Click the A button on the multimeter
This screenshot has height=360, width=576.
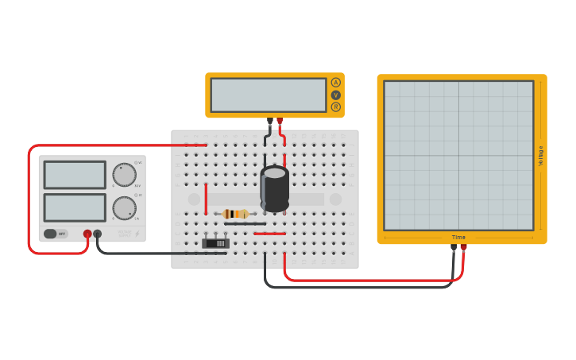(335, 83)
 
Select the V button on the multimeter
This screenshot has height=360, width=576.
(335, 95)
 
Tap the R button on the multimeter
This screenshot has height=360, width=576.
(335, 106)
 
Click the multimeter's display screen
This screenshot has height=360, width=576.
(268, 95)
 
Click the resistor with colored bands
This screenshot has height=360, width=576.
(236, 214)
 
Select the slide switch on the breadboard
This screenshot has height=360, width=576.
(215, 243)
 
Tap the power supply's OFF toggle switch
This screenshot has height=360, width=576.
(54, 234)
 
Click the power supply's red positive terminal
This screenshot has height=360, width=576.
(87, 234)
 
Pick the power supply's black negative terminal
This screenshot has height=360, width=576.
(98, 234)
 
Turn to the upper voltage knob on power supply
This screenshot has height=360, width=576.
(124, 174)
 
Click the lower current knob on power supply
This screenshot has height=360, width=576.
(124, 208)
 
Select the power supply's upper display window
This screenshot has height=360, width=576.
(75, 175)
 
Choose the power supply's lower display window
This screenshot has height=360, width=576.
(75, 207)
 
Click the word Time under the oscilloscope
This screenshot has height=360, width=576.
(459, 237)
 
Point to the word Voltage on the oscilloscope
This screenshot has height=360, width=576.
(541, 155)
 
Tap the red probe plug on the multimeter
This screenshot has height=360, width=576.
(280, 122)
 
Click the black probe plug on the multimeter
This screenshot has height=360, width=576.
(270, 122)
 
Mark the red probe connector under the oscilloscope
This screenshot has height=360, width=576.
(464, 247)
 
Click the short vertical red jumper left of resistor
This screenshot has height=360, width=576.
(206, 199)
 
